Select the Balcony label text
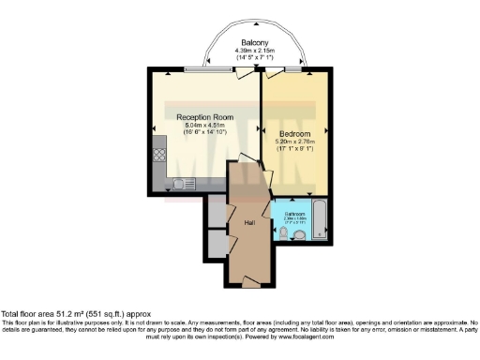[255, 43]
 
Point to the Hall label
[249, 223]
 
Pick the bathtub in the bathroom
[318, 217]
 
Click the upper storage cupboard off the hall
[217, 214]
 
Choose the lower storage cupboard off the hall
[217, 242]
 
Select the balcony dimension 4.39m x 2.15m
[255, 51]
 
